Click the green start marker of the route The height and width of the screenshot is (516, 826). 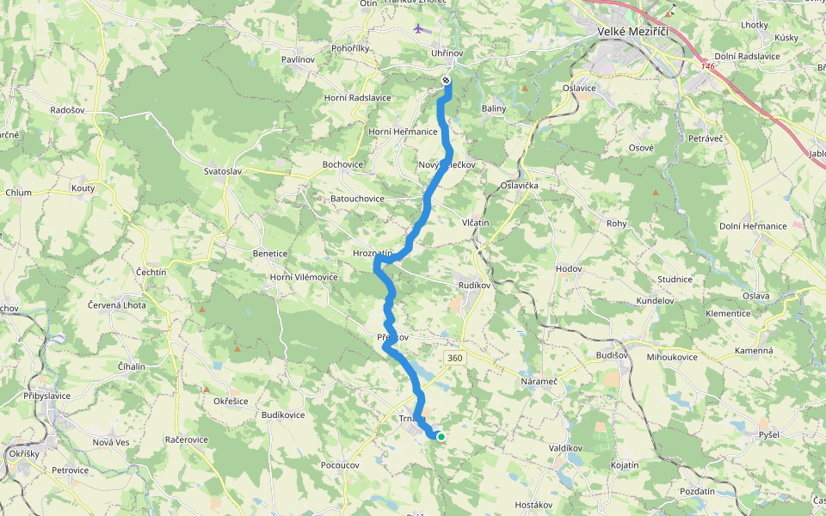coord(441,437)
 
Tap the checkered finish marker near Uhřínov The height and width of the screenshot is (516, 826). coord(446,80)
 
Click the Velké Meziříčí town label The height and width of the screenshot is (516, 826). coord(632,32)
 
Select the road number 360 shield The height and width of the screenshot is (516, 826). coord(454,357)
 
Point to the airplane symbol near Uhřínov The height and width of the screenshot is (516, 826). coord(419,28)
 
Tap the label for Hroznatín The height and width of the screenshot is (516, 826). coord(373,254)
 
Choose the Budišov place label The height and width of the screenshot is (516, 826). coord(613,354)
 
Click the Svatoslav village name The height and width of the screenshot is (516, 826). coord(223,171)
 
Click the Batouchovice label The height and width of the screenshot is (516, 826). coord(357,199)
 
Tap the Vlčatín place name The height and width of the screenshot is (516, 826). coord(475,223)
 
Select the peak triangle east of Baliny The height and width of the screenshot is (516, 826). coord(525,89)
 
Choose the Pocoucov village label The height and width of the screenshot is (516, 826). coord(339,464)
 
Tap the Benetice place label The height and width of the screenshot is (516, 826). coord(269,254)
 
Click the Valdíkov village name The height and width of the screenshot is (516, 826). coord(565,448)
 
